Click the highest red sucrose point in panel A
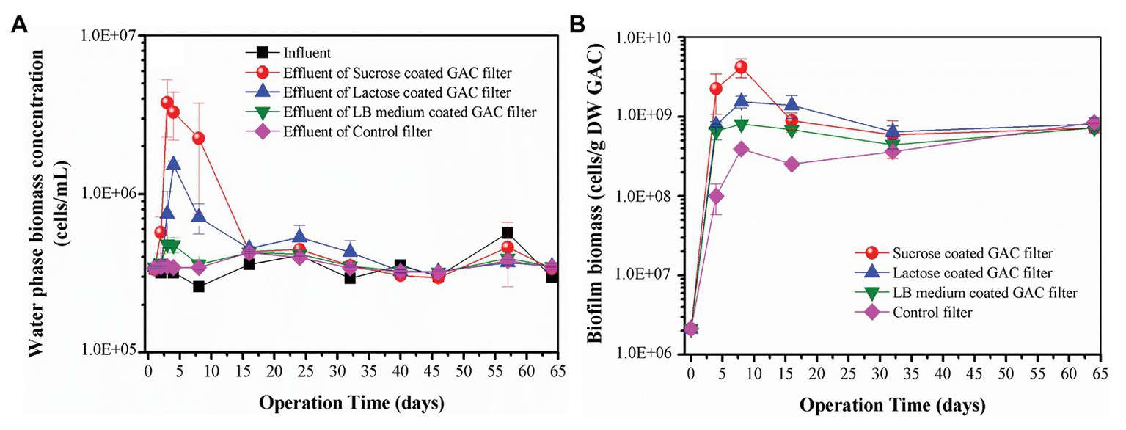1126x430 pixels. (x=167, y=103)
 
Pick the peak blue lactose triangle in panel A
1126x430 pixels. (x=174, y=164)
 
